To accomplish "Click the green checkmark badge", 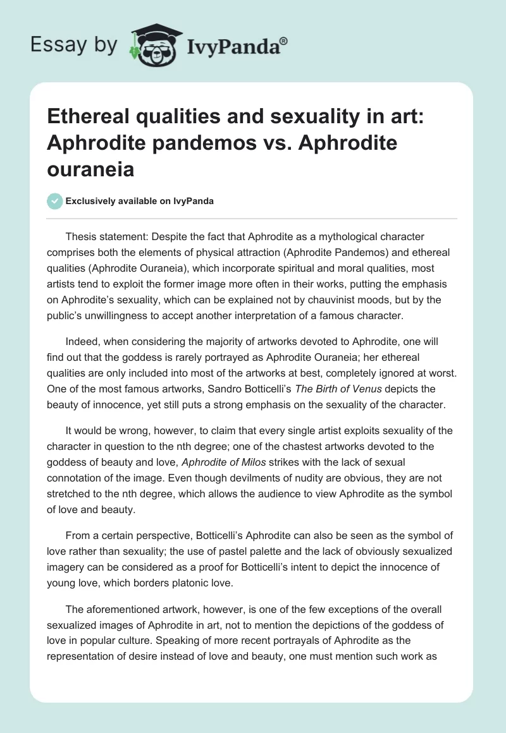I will (x=54, y=201).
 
